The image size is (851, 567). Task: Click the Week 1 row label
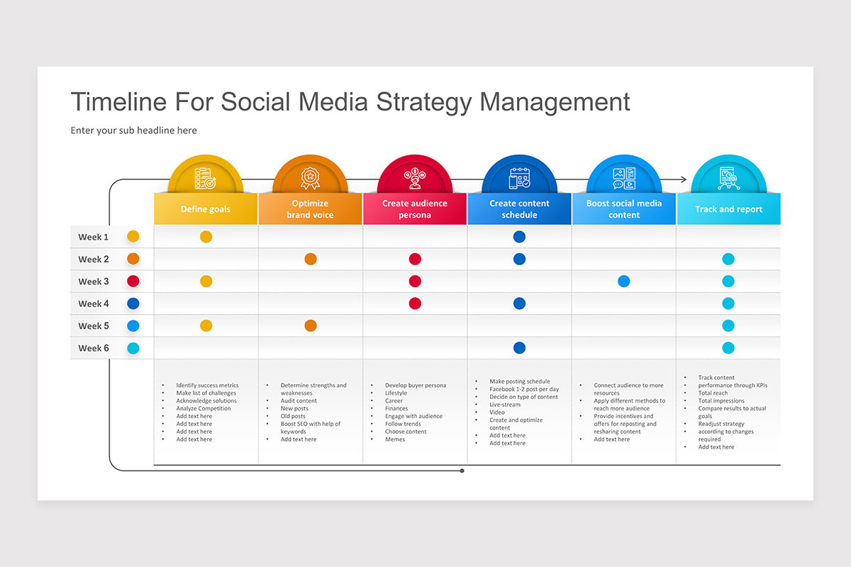[94, 237]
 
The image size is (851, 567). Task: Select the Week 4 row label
[94, 303]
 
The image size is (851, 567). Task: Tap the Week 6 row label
[94, 348]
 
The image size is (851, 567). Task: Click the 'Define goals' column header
[206, 209]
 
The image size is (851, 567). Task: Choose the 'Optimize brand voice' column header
[310, 209]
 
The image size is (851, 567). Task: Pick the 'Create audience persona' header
[415, 209]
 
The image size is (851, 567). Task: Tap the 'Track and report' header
[728, 209]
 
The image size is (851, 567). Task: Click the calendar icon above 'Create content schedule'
[519, 178]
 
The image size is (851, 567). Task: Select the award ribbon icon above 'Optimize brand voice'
[310, 178]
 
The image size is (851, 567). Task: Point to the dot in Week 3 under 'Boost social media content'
[623, 281]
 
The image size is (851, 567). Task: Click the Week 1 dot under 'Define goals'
[206, 237]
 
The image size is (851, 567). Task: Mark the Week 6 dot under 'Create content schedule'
[519, 348]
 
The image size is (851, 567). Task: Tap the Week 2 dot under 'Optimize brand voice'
[310, 259]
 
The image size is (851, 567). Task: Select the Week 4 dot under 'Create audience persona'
[415, 303]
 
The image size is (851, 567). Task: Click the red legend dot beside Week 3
[133, 281]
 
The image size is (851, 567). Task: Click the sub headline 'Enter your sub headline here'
[134, 130]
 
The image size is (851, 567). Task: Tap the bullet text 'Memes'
[395, 439]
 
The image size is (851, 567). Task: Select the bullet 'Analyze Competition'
[204, 408]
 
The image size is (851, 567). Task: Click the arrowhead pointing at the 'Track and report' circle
[684, 180]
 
